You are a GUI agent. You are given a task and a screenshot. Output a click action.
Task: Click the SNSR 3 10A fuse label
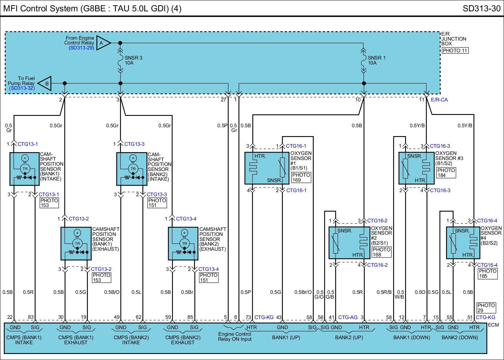tap(133, 60)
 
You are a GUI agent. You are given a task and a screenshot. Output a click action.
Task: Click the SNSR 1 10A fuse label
tap(376, 60)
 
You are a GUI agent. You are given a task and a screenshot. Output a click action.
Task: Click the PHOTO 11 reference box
tap(455, 50)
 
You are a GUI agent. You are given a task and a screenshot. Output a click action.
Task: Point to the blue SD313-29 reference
tap(81, 48)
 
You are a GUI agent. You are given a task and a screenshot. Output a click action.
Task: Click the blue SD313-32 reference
tap(22, 88)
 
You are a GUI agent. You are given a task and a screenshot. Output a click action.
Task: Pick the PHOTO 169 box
tap(301, 177)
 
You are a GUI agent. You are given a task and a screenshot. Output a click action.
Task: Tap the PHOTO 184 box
tap(446, 173)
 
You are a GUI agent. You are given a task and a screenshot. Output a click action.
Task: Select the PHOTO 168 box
tap(381, 252)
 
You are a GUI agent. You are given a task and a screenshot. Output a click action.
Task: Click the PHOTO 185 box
tap(488, 273)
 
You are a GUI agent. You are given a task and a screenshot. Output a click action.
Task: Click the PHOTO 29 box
tap(486, 308)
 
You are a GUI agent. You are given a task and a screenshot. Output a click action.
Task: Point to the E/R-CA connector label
tap(439, 100)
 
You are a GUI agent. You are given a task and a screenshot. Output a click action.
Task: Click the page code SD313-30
tap(481, 8)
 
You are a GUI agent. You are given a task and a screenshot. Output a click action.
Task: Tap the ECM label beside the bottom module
tap(493, 325)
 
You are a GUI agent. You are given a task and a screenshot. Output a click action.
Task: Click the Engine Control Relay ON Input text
tap(235, 336)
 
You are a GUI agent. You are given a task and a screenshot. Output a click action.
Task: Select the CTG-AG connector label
tap(348, 317)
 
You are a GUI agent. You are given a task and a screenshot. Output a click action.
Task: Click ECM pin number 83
tap(31, 317)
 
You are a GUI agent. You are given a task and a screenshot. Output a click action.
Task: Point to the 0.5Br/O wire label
tap(303, 292)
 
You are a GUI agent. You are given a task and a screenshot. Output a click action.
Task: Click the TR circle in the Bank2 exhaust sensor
tap(184, 243)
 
